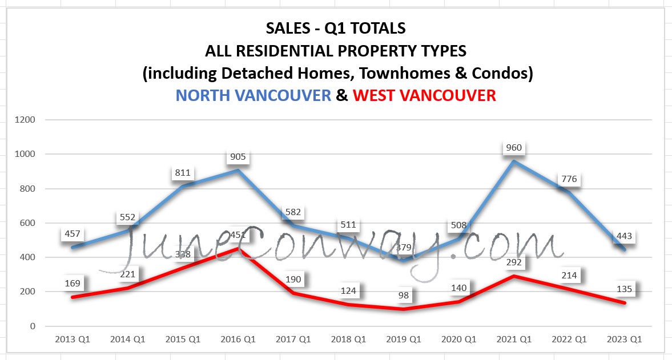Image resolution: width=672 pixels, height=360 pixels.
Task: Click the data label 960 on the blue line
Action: tap(514, 148)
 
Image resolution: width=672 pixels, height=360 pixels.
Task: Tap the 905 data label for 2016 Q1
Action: tap(238, 157)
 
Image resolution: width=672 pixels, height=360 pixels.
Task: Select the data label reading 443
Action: tap(624, 236)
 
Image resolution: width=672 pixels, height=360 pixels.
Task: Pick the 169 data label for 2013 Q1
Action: tap(73, 283)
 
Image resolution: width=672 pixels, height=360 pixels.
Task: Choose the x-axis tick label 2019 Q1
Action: tap(404, 339)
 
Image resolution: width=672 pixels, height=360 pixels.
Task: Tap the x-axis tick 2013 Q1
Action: tap(73, 339)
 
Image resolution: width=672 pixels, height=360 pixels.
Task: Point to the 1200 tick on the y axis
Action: tap(26, 120)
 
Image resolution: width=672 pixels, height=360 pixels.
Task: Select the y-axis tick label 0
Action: tap(33, 326)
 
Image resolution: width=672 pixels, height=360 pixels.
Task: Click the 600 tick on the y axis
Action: tap(28, 223)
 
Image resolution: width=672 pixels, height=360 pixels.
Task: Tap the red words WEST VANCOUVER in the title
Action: tap(424, 95)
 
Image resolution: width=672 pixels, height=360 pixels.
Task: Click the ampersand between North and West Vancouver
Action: tap(341, 95)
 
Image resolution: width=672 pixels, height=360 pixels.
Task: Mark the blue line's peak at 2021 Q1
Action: tap(514, 161)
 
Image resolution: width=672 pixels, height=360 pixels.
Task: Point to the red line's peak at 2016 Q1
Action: tap(238, 249)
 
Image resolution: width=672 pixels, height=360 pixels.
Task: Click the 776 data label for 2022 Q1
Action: tap(569, 179)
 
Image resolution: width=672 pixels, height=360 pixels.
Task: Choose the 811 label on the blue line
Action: tap(183, 173)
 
